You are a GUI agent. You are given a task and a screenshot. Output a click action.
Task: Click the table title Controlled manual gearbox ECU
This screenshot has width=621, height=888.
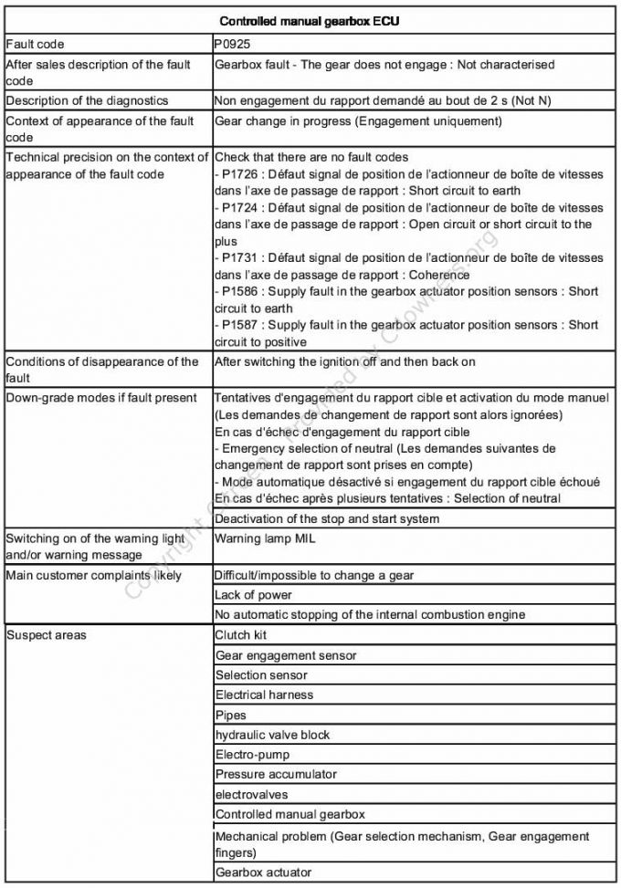pyautogui.click(x=310, y=21)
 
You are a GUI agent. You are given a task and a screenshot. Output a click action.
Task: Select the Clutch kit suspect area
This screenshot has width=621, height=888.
pyautogui.click(x=241, y=635)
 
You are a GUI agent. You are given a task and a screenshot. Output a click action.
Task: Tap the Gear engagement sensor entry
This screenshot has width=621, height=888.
pyautogui.click(x=286, y=655)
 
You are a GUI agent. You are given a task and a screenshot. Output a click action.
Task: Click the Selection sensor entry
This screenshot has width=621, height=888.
pyautogui.click(x=261, y=675)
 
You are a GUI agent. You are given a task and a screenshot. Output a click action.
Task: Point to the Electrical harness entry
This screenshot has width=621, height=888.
pyautogui.click(x=264, y=695)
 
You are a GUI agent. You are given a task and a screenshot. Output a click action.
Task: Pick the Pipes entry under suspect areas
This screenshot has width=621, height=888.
pyautogui.click(x=231, y=716)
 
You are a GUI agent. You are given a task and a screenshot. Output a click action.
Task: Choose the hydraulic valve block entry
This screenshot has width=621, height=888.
pyautogui.click(x=272, y=735)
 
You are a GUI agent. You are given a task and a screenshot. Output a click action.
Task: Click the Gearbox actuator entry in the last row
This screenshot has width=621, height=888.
pyautogui.click(x=263, y=872)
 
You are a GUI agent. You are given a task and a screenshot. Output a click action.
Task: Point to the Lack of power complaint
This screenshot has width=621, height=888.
pyautogui.click(x=253, y=595)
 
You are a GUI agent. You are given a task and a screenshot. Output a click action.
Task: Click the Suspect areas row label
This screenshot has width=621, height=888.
pyautogui.click(x=47, y=635)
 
